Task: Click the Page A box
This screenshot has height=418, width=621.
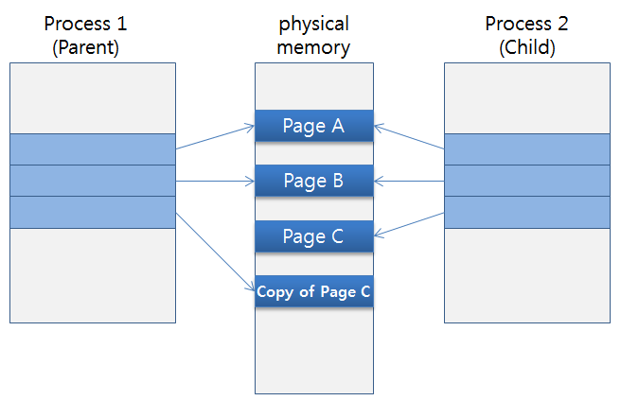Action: point(314,126)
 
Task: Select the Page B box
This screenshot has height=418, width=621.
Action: point(314,180)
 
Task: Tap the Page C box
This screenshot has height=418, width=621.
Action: point(314,235)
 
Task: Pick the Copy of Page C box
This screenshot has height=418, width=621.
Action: point(314,291)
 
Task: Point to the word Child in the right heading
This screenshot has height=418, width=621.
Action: point(528,48)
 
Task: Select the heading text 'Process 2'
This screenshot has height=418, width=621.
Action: point(528,24)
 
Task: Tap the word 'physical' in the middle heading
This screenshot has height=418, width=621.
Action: point(313,24)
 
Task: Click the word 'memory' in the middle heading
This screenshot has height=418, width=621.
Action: point(313,48)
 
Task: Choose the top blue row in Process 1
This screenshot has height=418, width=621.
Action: point(93,149)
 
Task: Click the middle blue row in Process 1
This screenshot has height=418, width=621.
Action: point(93,181)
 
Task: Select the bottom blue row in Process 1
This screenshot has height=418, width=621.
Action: point(93,212)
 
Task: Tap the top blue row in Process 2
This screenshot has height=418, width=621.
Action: point(527,149)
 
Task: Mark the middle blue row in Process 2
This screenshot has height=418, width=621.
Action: point(527,181)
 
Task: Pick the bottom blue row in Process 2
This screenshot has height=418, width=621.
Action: point(527,212)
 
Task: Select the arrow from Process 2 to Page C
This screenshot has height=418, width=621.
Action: point(410,224)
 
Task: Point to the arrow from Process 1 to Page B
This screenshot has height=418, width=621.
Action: point(216,181)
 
